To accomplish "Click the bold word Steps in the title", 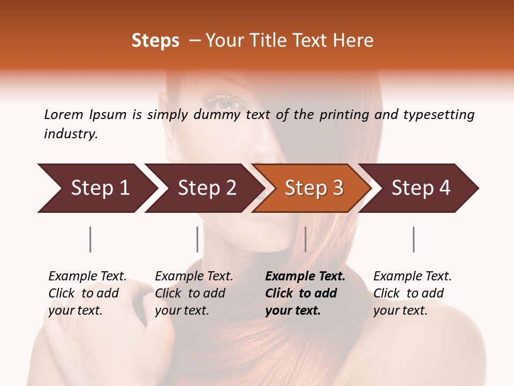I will coord(155,41).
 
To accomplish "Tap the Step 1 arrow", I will coord(96,188).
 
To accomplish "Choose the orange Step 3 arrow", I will coord(312,188).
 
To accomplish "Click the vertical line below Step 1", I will coord(90,239).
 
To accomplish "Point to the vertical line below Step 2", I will coord(198,239).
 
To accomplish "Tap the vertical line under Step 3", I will coord(305,239).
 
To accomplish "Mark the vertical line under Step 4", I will coord(414,239).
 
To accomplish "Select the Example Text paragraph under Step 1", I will coord(87,293).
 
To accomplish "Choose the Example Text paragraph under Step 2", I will coord(193,293).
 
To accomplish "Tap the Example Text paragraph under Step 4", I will coord(412,293).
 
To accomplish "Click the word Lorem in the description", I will coord(63,114).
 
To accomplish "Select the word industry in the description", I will coord(71,134).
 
